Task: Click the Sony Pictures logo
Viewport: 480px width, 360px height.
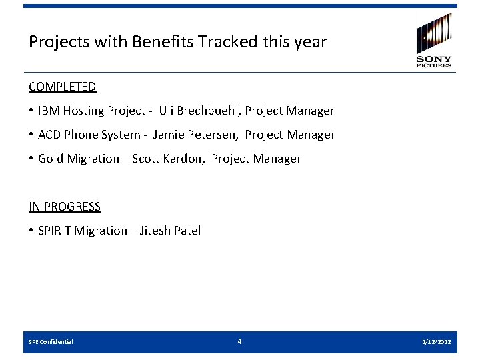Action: click(434, 40)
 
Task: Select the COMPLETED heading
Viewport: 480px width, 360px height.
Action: click(62, 87)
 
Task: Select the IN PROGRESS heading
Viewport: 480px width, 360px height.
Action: click(65, 207)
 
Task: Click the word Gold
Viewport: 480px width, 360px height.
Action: click(51, 159)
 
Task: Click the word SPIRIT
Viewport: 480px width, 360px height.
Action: click(55, 231)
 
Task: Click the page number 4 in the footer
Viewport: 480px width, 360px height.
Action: click(239, 341)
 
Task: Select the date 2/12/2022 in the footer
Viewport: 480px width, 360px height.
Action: click(437, 342)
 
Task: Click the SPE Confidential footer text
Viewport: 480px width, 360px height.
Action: click(51, 342)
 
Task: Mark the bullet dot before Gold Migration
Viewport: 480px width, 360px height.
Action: click(31, 159)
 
